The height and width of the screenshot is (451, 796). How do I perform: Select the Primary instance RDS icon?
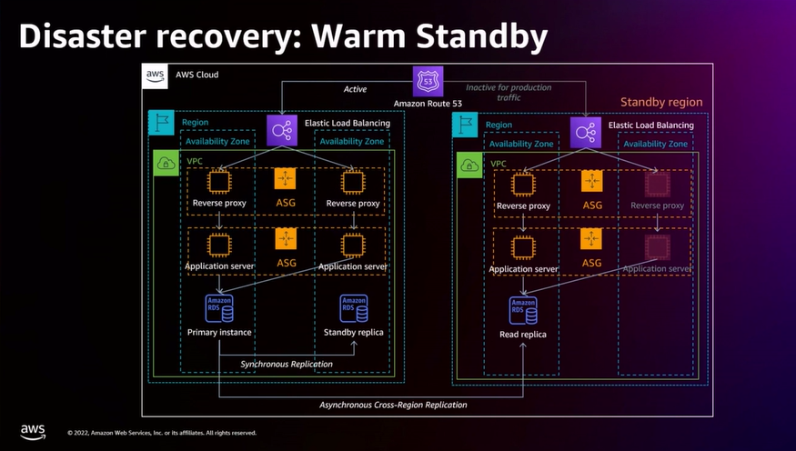click(219, 307)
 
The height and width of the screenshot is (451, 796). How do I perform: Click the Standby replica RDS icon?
click(353, 307)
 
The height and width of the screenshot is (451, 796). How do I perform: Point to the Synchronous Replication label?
click(286, 364)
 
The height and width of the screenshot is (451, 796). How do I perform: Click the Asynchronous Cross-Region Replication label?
click(393, 404)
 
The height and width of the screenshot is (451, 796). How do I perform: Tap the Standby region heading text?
click(660, 103)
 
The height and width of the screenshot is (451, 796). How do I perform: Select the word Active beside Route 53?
click(355, 89)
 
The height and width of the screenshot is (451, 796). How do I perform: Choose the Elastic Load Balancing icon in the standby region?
click(583, 131)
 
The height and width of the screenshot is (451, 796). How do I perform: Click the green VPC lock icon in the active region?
click(166, 164)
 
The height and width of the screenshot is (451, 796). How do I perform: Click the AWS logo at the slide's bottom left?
click(33, 430)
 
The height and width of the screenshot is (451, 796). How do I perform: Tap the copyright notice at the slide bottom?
click(162, 433)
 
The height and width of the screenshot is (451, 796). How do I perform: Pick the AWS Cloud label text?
click(196, 75)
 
